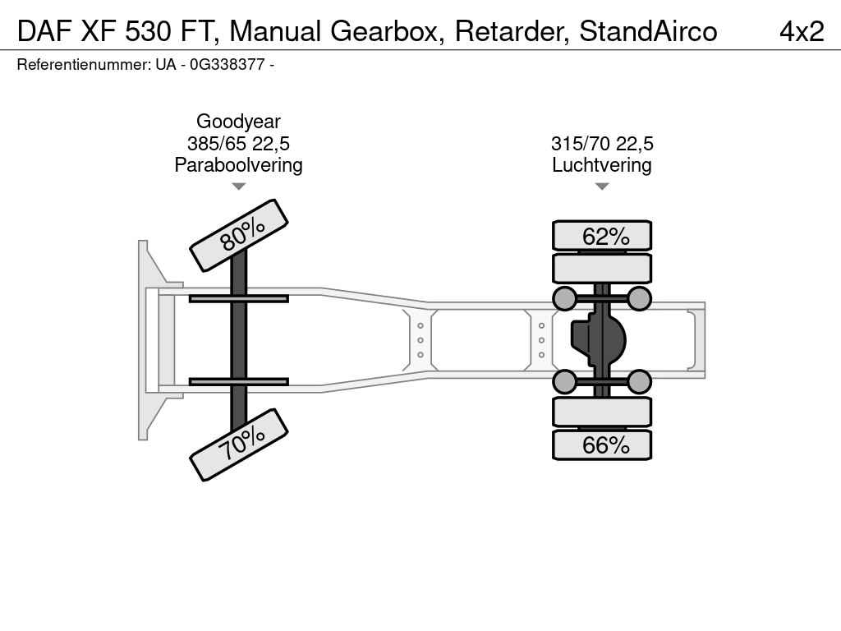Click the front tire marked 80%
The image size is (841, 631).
239,235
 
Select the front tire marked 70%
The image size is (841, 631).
239,444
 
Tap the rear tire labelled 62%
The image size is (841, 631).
602,236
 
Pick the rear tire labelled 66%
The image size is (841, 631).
602,444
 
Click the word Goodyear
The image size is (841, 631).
238,122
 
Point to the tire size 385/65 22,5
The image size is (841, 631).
238,143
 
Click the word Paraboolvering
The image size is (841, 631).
238,164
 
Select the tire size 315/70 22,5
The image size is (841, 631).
602,143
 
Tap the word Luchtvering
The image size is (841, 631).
602,164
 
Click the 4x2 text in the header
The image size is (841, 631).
802,31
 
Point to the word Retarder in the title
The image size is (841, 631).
512,31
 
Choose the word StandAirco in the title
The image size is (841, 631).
648,31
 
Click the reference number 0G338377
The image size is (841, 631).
227,64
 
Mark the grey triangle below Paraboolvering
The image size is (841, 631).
239,187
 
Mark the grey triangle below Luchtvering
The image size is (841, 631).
602,187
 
